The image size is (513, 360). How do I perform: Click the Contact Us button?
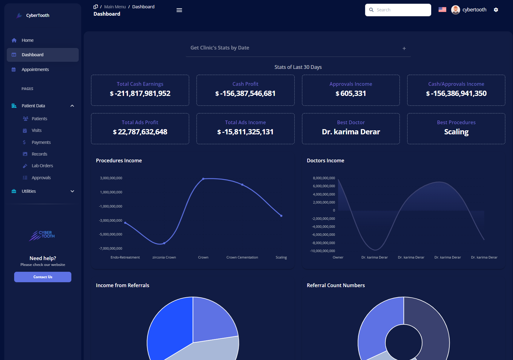pyautogui.click(x=43, y=277)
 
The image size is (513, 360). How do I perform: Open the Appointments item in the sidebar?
pyautogui.click(x=35, y=69)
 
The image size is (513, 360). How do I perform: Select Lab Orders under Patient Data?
pyautogui.click(x=42, y=166)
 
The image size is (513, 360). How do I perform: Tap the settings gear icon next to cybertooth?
pyautogui.click(x=496, y=10)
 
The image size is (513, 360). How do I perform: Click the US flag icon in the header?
pyautogui.click(x=442, y=10)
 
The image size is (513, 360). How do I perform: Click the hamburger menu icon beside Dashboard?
pyautogui.click(x=179, y=10)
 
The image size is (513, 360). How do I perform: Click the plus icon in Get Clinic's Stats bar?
pyautogui.click(x=404, y=49)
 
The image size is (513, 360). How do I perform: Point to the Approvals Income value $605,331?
pyautogui.click(x=351, y=93)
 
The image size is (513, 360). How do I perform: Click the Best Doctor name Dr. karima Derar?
pyautogui.click(x=351, y=132)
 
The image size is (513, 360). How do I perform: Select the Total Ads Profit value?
pyautogui.click(x=140, y=132)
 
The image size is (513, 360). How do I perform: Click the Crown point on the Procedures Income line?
pyautogui.click(x=203, y=179)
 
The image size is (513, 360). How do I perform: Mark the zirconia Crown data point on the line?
pyautogui.click(x=164, y=243)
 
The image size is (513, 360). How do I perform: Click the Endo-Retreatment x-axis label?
pyautogui.click(x=125, y=257)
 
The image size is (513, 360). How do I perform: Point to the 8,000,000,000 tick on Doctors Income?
pyautogui.click(x=324, y=178)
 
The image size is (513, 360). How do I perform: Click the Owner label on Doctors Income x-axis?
pyautogui.click(x=338, y=257)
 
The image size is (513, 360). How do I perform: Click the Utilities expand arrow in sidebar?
pyautogui.click(x=72, y=191)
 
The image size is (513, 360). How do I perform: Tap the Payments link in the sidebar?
pyautogui.click(x=41, y=142)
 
